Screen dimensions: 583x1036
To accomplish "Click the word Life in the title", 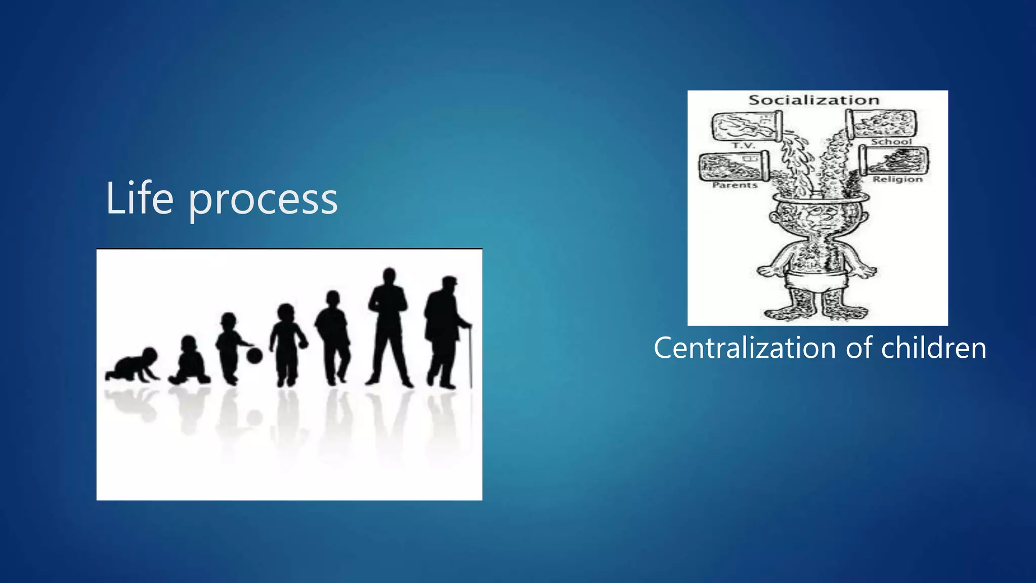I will (139, 198).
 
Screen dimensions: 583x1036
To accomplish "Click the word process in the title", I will (263, 201).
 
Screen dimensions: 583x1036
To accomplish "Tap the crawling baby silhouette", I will (133, 365).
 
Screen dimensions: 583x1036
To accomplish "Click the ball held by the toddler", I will (254, 355).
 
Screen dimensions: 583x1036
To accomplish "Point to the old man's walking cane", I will (470, 357).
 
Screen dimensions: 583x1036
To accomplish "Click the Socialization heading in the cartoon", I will (814, 100).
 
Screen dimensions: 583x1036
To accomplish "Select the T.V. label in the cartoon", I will (744, 145).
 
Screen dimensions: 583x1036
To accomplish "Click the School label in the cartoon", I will (891, 142).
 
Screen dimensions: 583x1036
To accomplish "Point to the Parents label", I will (735, 185).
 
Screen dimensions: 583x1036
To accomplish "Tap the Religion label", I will (898, 179).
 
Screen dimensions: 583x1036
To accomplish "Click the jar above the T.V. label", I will (746, 126).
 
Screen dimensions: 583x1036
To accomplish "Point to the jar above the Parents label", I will (733, 165).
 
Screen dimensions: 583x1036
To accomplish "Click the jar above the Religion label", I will (894, 160).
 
